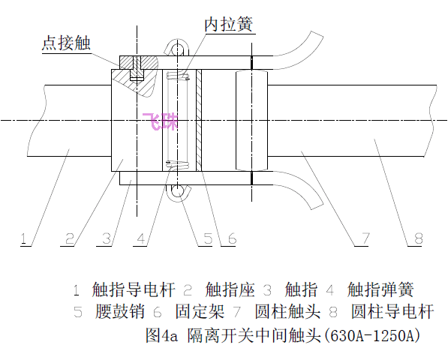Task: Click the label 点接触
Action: (x=66, y=43)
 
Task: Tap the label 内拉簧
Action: (x=229, y=24)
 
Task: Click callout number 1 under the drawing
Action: (x=24, y=238)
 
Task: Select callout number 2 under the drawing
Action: (x=70, y=238)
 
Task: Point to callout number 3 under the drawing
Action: (x=107, y=238)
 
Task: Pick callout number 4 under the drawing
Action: (x=141, y=238)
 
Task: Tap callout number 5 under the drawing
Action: (x=208, y=238)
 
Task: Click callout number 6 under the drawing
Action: (x=232, y=238)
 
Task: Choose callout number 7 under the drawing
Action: (x=365, y=238)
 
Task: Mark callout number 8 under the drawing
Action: (x=418, y=238)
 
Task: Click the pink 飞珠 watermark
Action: (x=161, y=122)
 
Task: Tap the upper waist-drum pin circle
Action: (x=177, y=49)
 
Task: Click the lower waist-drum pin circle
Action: (x=177, y=190)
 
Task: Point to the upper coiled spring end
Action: (x=178, y=76)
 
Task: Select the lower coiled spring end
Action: (x=178, y=164)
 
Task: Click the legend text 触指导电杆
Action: (x=133, y=289)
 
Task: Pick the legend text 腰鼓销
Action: (x=120, y=311)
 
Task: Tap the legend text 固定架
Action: (x=200, y=311)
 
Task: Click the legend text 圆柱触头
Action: (x=287, y=311)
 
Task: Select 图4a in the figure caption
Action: (x=161, y=335)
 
